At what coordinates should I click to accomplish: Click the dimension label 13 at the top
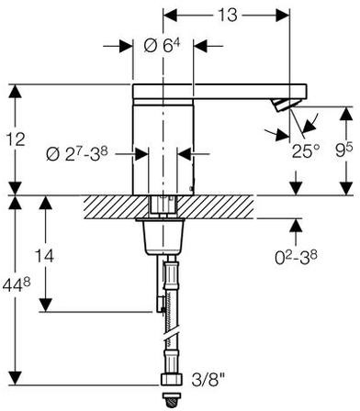pyautogui.click(x=228, y=15)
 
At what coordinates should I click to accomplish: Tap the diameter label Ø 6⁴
pyautogui.click(x=162, y=46)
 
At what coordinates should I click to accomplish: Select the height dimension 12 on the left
pyautogui.click(x=16, y=139)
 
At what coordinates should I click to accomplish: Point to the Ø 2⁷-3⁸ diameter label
pyautogui.click(x=77, y=154)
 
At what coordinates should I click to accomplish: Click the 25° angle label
pyautogui.click(x=306, y=150)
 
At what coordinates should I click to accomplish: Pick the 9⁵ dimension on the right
pyautogui.click(x=343, y=150)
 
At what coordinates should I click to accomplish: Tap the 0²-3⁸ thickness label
pyautogui.click(x=296, y=258)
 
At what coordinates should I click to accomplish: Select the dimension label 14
pyautogui.click(x=44, y=256)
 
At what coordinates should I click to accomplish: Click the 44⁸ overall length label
pyautogui.click(x=17, y=285)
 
